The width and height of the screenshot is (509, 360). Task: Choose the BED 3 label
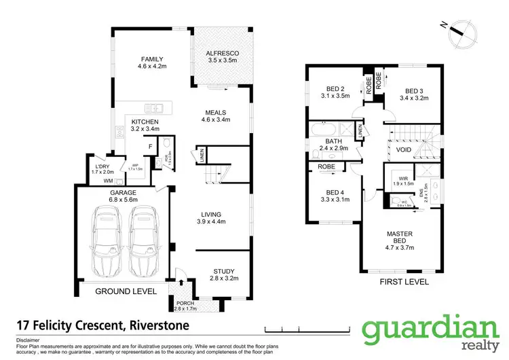(x=415, y=91)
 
